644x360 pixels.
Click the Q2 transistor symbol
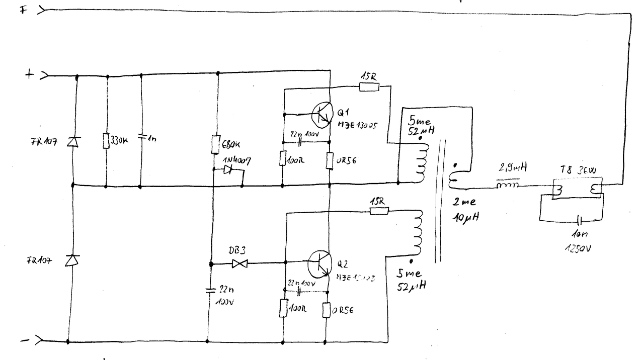click(x=318, y=264)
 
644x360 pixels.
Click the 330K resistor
click(x=106, y=141)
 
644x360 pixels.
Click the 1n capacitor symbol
click(x=140, y=137)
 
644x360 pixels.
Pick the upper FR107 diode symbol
click(x=73, y=142)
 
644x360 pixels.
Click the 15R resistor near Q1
click(x=369, y=87)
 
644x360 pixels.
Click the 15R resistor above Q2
click(x=379, y=211)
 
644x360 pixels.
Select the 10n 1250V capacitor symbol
click(x=580, y=220)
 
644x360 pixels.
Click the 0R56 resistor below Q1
click(x=329, y=160)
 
